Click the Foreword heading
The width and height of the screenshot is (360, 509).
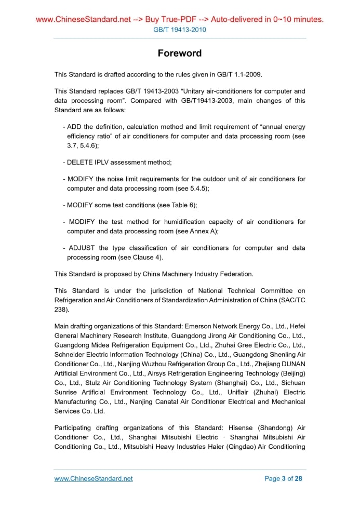click(x=180, y=53)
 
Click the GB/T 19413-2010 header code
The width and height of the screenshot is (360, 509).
click(x=180, y=30)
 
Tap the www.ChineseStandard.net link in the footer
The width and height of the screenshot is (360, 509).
click(x=94, y=478)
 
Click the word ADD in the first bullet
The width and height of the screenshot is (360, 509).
click(x=74, y=127)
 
